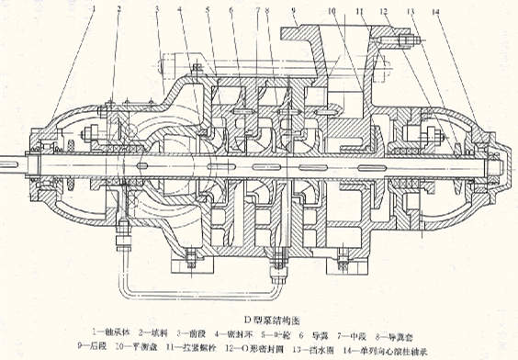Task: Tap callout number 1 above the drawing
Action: (94, 8)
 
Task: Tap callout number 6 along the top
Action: (233, 8)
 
